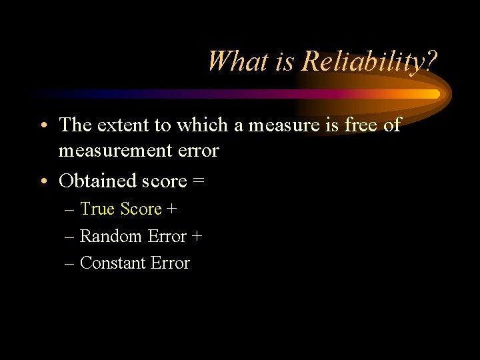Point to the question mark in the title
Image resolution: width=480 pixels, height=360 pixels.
tap(431, 61)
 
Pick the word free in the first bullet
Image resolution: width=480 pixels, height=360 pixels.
tap(357, 125)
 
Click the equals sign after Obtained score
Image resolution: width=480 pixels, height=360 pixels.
tap(199, 181)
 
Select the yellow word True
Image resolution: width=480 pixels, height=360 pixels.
tap(98, 209)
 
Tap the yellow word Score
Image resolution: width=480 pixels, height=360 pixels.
tap(141, 209)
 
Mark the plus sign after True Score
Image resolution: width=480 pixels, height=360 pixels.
tap(172, 209)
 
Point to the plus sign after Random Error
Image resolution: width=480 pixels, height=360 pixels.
tap(197, 237)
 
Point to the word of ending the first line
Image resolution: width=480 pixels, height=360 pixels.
tap(392, 125)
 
